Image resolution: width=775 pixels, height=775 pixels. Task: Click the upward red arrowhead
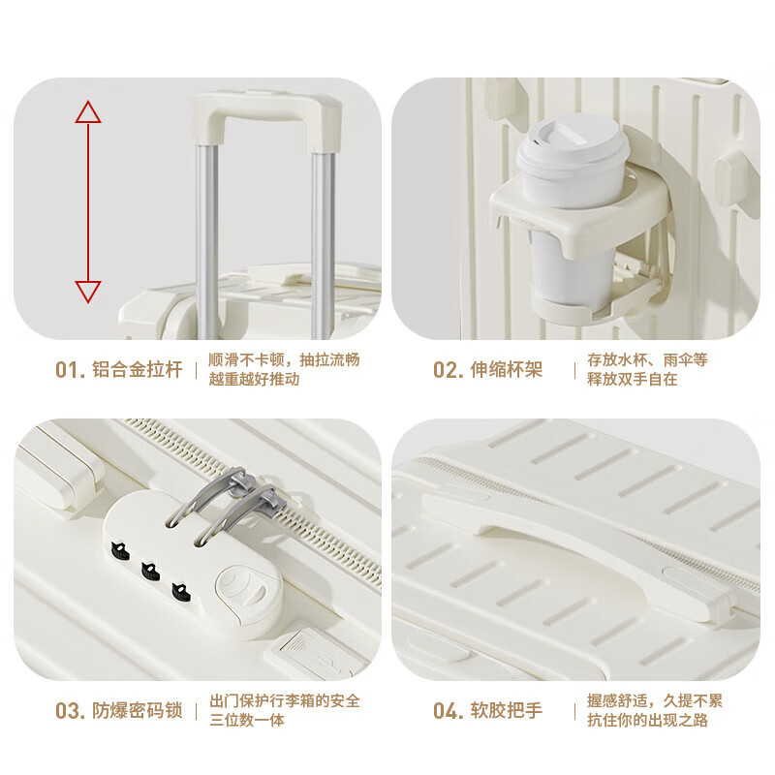88,112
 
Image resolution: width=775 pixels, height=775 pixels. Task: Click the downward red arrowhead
88,291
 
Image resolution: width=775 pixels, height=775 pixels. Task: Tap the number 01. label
70,370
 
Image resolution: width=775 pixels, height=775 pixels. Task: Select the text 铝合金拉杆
137,370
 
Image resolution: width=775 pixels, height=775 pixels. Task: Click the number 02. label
448,370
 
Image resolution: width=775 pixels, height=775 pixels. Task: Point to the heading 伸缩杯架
507,370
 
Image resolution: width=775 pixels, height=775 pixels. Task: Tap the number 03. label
70,711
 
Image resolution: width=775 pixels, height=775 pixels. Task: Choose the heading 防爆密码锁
137,711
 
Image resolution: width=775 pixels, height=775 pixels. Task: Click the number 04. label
448,711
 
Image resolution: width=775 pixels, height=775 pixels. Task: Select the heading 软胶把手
507,711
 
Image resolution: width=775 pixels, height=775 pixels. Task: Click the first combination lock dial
120,551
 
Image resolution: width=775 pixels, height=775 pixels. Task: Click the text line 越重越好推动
255,380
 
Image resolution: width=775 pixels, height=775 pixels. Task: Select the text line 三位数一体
248,721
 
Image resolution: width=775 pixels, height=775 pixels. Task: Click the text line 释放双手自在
633,380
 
